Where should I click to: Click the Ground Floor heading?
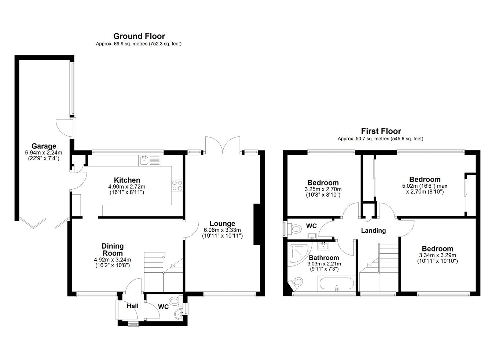[139, 36]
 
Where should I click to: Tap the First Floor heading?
[381, 131]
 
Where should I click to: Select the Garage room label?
[44, 146]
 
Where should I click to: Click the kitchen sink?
[150, 161]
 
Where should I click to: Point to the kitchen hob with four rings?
[177, 185]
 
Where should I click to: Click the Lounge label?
[222, 223]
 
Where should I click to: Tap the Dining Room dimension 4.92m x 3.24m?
[113, 260]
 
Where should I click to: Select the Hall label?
[133, 306]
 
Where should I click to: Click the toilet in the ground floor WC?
[176, 301]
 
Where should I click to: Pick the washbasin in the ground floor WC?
[179, 313]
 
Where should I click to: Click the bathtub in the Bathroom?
[337, 283]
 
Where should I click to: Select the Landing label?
[374, 231]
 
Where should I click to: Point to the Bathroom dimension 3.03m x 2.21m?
[324, 264]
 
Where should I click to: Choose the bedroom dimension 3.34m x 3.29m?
[437, 255]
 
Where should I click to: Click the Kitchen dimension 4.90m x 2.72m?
[127, 187]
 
